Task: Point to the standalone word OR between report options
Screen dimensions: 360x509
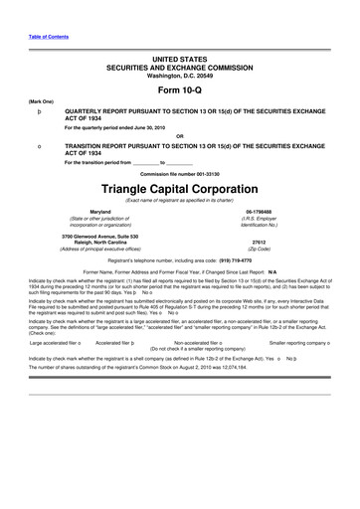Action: (x=180, y=135)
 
